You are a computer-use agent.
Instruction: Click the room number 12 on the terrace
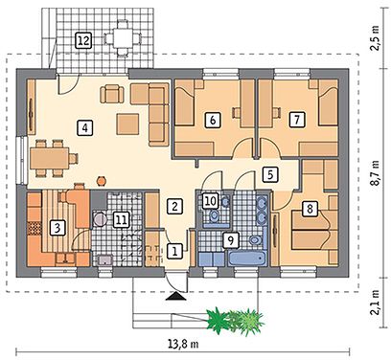[x=83, y=40]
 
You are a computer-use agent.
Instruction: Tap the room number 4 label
[x=84, y=128]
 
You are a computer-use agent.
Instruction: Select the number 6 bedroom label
[x=213, y=120]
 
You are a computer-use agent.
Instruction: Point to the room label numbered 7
[x=297, y=120]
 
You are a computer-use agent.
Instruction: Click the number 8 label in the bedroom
[x=310, y=209]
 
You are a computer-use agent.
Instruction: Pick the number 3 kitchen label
[x=57, y=228]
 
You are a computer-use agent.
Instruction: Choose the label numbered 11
[x=121, y=219]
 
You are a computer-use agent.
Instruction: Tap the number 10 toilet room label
[x=210, y=201]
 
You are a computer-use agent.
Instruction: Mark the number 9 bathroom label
[x=231, y=240]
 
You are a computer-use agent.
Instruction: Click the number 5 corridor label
[x=270, y=174]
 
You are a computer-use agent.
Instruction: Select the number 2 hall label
[x=174, y=206]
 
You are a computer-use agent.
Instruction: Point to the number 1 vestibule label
[x=174, y=251]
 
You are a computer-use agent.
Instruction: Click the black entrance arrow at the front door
[x=176, y=297]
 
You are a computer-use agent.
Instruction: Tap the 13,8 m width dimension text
[x=183, y=344]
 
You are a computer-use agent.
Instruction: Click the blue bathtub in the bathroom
[x=247, y=259]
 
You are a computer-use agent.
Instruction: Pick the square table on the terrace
[x=122, y=38]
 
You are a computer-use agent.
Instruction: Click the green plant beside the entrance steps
[x=236, y=321]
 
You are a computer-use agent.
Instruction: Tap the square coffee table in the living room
[x=127, y=124]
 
